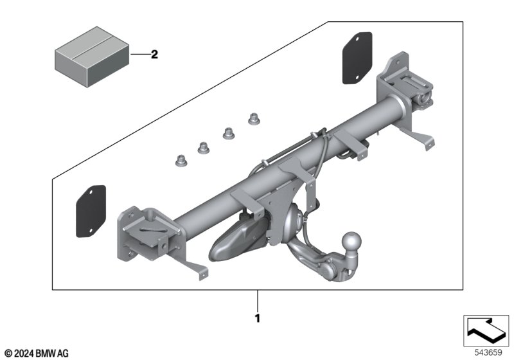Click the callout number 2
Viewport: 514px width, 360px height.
(154, 55)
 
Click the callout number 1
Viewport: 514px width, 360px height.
(258, 318)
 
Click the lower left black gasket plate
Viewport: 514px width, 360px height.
(91, 210)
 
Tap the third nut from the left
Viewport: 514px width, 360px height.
(227, 133)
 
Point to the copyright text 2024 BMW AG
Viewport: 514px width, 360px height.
(36, 353)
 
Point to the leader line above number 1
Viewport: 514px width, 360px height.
(258, 300)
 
